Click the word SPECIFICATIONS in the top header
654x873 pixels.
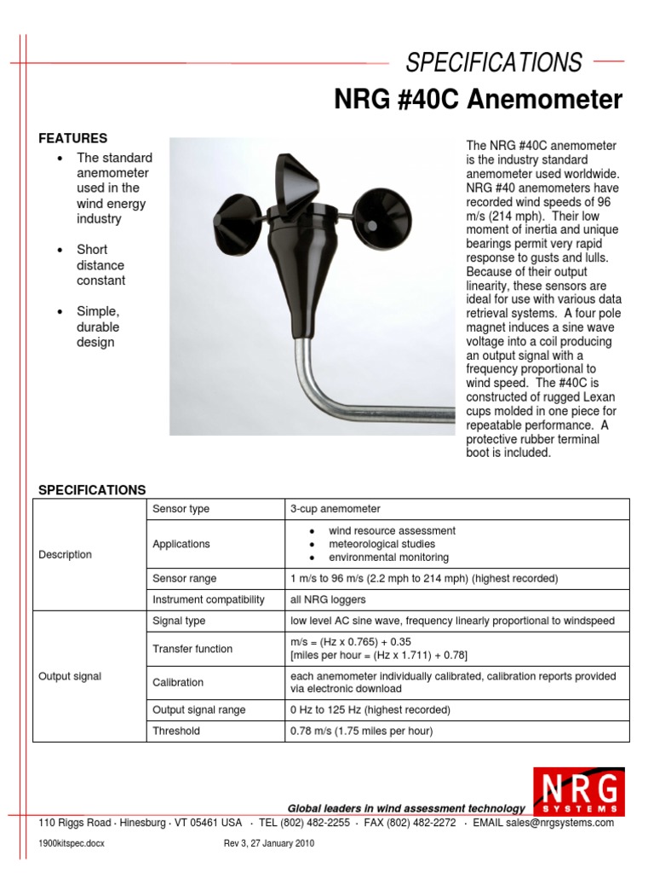[x=494, y=62]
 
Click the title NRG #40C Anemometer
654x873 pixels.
[x=478, y=101]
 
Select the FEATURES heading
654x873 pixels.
[x=73, y=138]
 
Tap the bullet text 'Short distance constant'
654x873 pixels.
[x=100, y=265]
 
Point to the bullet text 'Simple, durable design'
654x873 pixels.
[x=98, y=327]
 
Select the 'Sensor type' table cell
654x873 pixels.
[x=181, y=509]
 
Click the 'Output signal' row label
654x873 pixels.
[x=70, y=676]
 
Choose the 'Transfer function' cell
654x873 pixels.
[x=192, y=649]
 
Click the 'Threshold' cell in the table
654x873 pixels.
[x=176, y=731]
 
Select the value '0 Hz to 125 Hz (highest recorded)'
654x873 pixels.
[x=370, y=709]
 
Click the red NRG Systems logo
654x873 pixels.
[x=577, y=792]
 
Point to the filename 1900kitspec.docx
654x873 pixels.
[x=72, y=843]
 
